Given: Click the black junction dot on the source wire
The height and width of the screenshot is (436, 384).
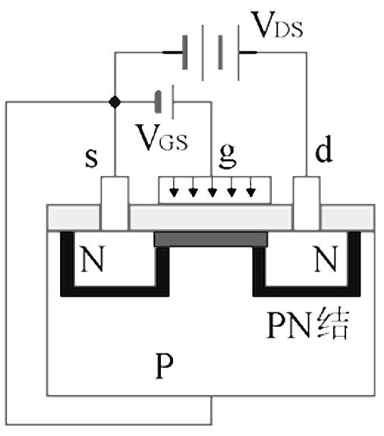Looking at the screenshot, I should pyautogui.click(x=114, y=102).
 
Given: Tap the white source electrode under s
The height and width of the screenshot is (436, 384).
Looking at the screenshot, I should pyautogui.click(x=114, y=203).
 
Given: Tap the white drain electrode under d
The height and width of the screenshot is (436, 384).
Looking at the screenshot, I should pyautogui.click(x=307, y=203).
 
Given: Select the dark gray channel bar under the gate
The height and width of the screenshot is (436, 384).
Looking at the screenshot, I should pyautogui.click(x=211, y=240).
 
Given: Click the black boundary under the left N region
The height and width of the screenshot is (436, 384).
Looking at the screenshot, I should pyautogui.click(x=114, y=291).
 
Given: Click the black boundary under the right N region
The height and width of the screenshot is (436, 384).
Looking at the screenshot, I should pyautogui.click(x=307, y=291).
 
